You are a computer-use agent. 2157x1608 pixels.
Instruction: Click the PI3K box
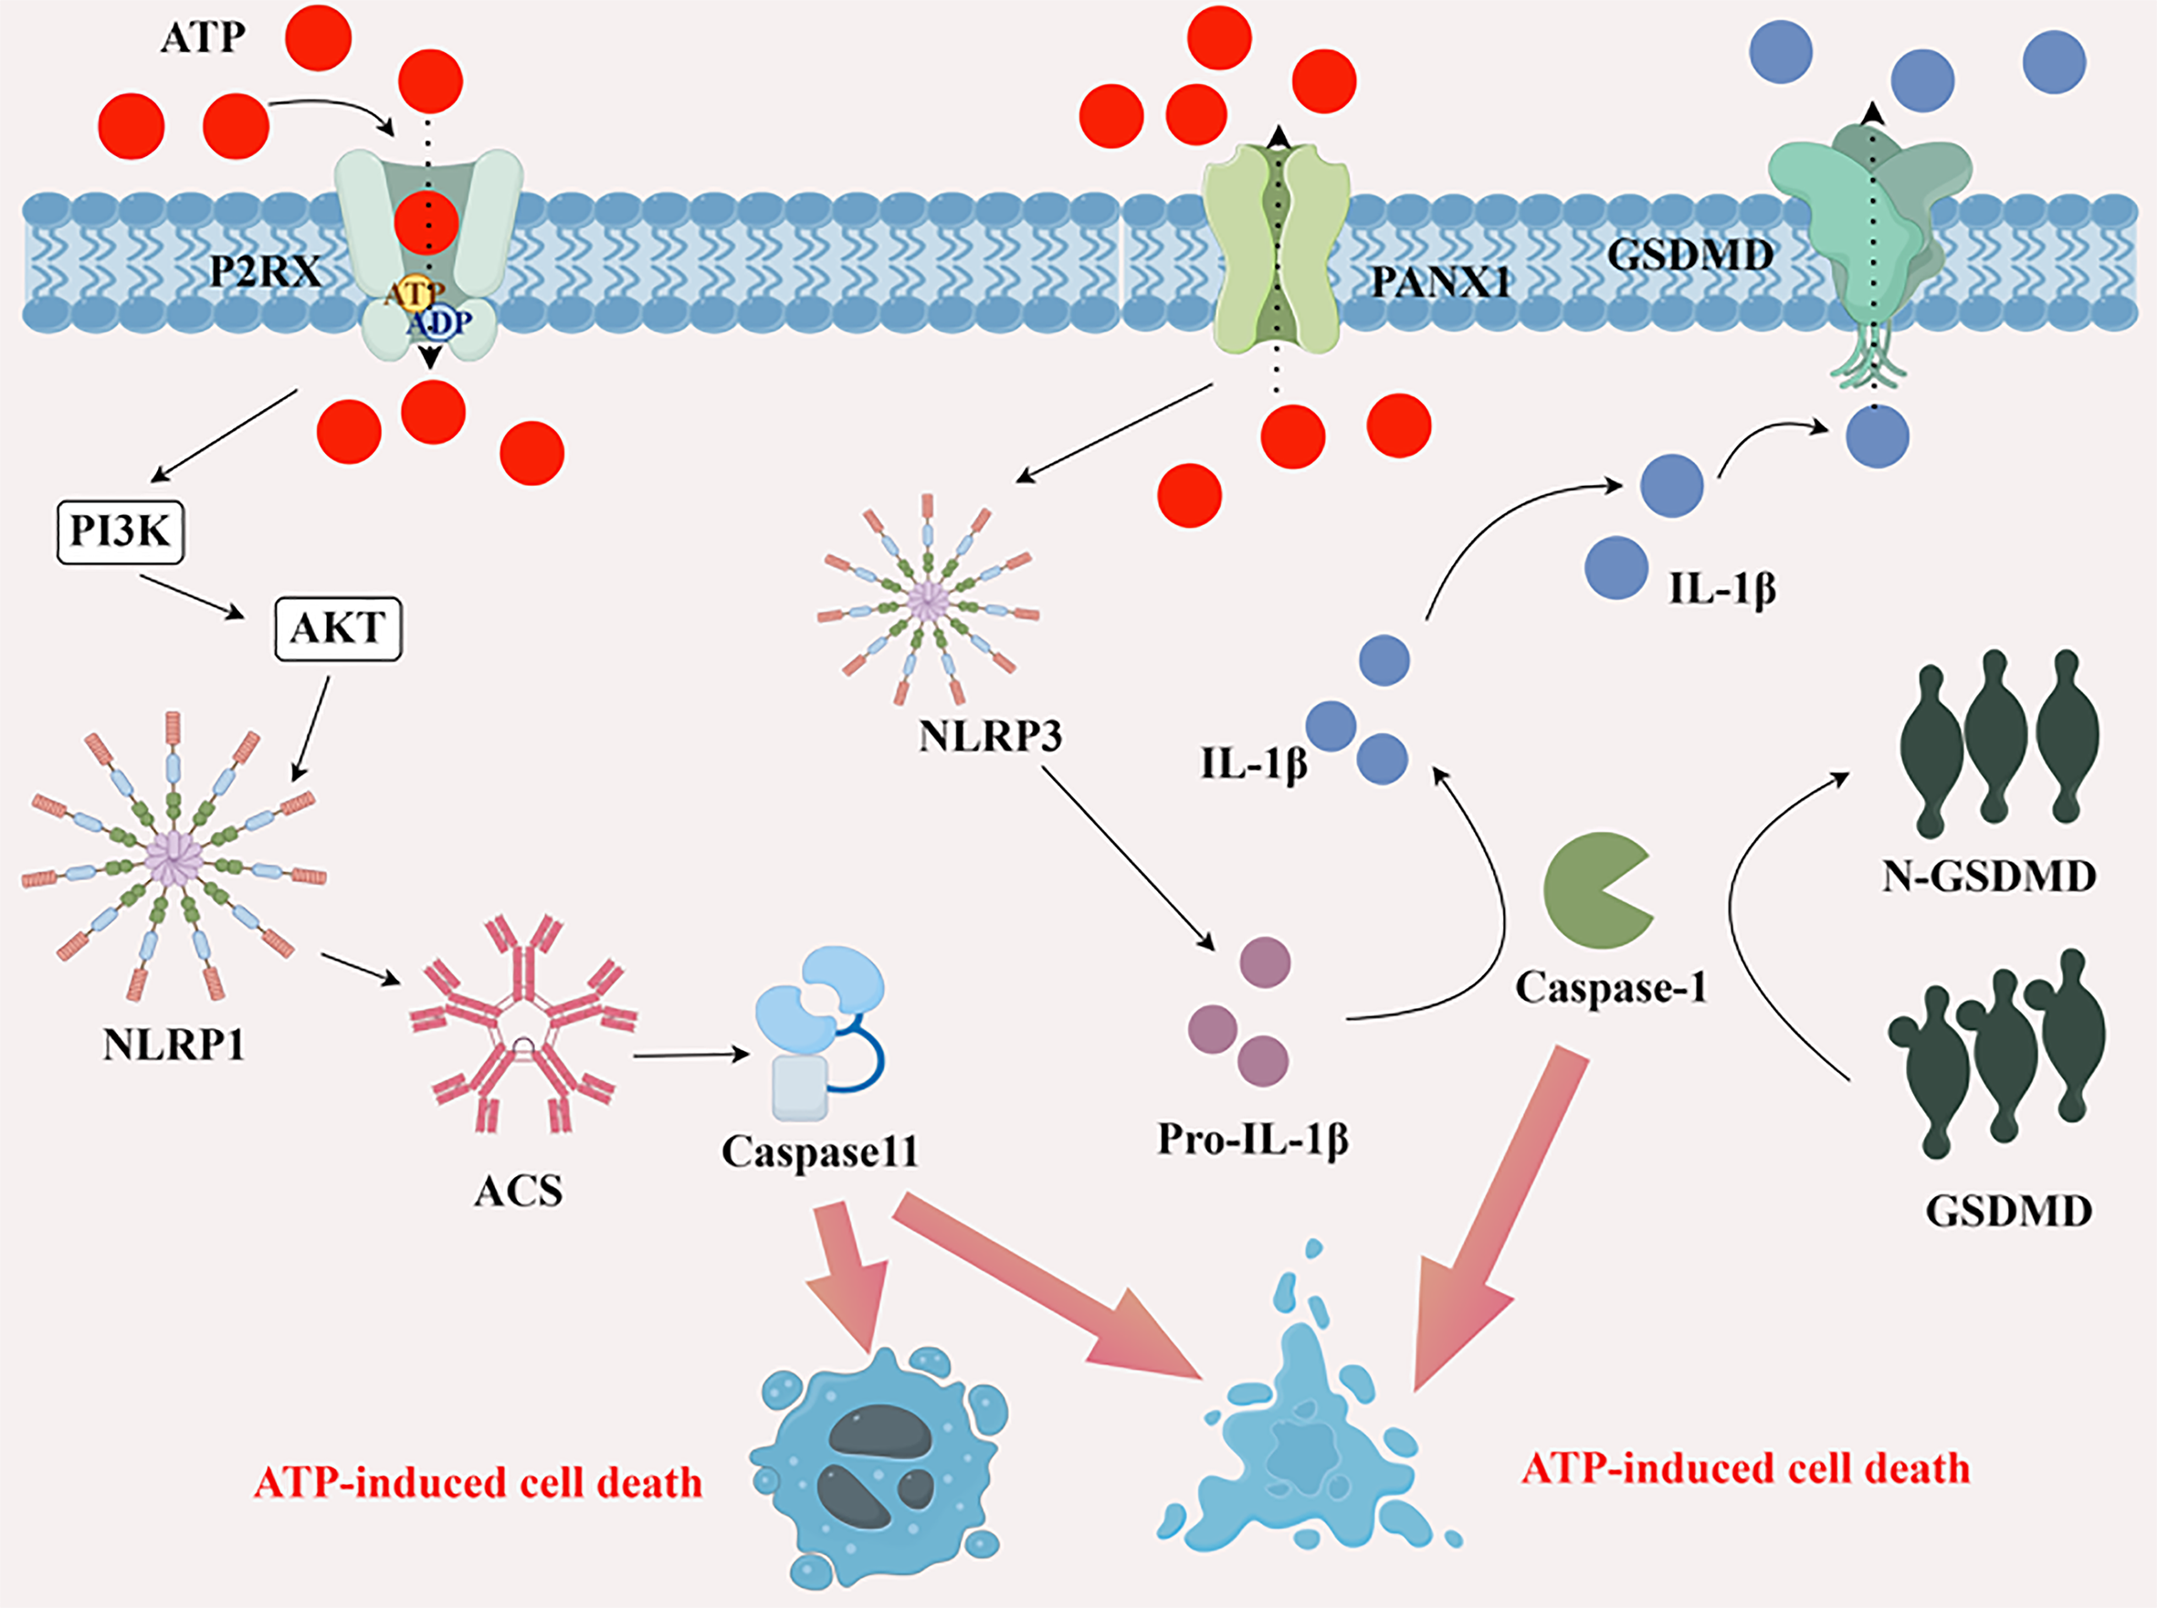[x=121, y=531]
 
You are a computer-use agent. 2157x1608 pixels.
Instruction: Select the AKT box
[x=338, y=629]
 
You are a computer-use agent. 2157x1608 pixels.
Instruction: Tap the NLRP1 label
[x=174, y=1046]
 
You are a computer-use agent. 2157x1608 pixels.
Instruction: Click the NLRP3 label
[x=990, y=737]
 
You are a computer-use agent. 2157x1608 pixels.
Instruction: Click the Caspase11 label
[x=819, y=1152]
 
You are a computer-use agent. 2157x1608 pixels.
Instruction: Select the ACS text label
[x=518, y=1192]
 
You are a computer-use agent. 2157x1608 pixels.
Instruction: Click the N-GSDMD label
[x=1989, y=877]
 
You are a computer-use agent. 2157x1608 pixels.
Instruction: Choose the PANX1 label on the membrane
[x=1441, y=282]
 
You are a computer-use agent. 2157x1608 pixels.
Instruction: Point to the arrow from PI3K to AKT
[x=191, y=595]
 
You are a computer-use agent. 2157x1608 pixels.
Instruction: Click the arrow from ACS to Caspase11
[x=691, y=1056]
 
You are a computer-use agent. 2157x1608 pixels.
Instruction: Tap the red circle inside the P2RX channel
[x=426, y=222]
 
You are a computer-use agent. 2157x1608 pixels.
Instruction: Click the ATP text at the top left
[x=203, y=38]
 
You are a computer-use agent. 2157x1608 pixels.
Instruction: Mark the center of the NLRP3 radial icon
[x=929, y=601]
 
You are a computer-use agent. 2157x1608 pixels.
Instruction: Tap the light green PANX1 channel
[x=1276, y=248]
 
